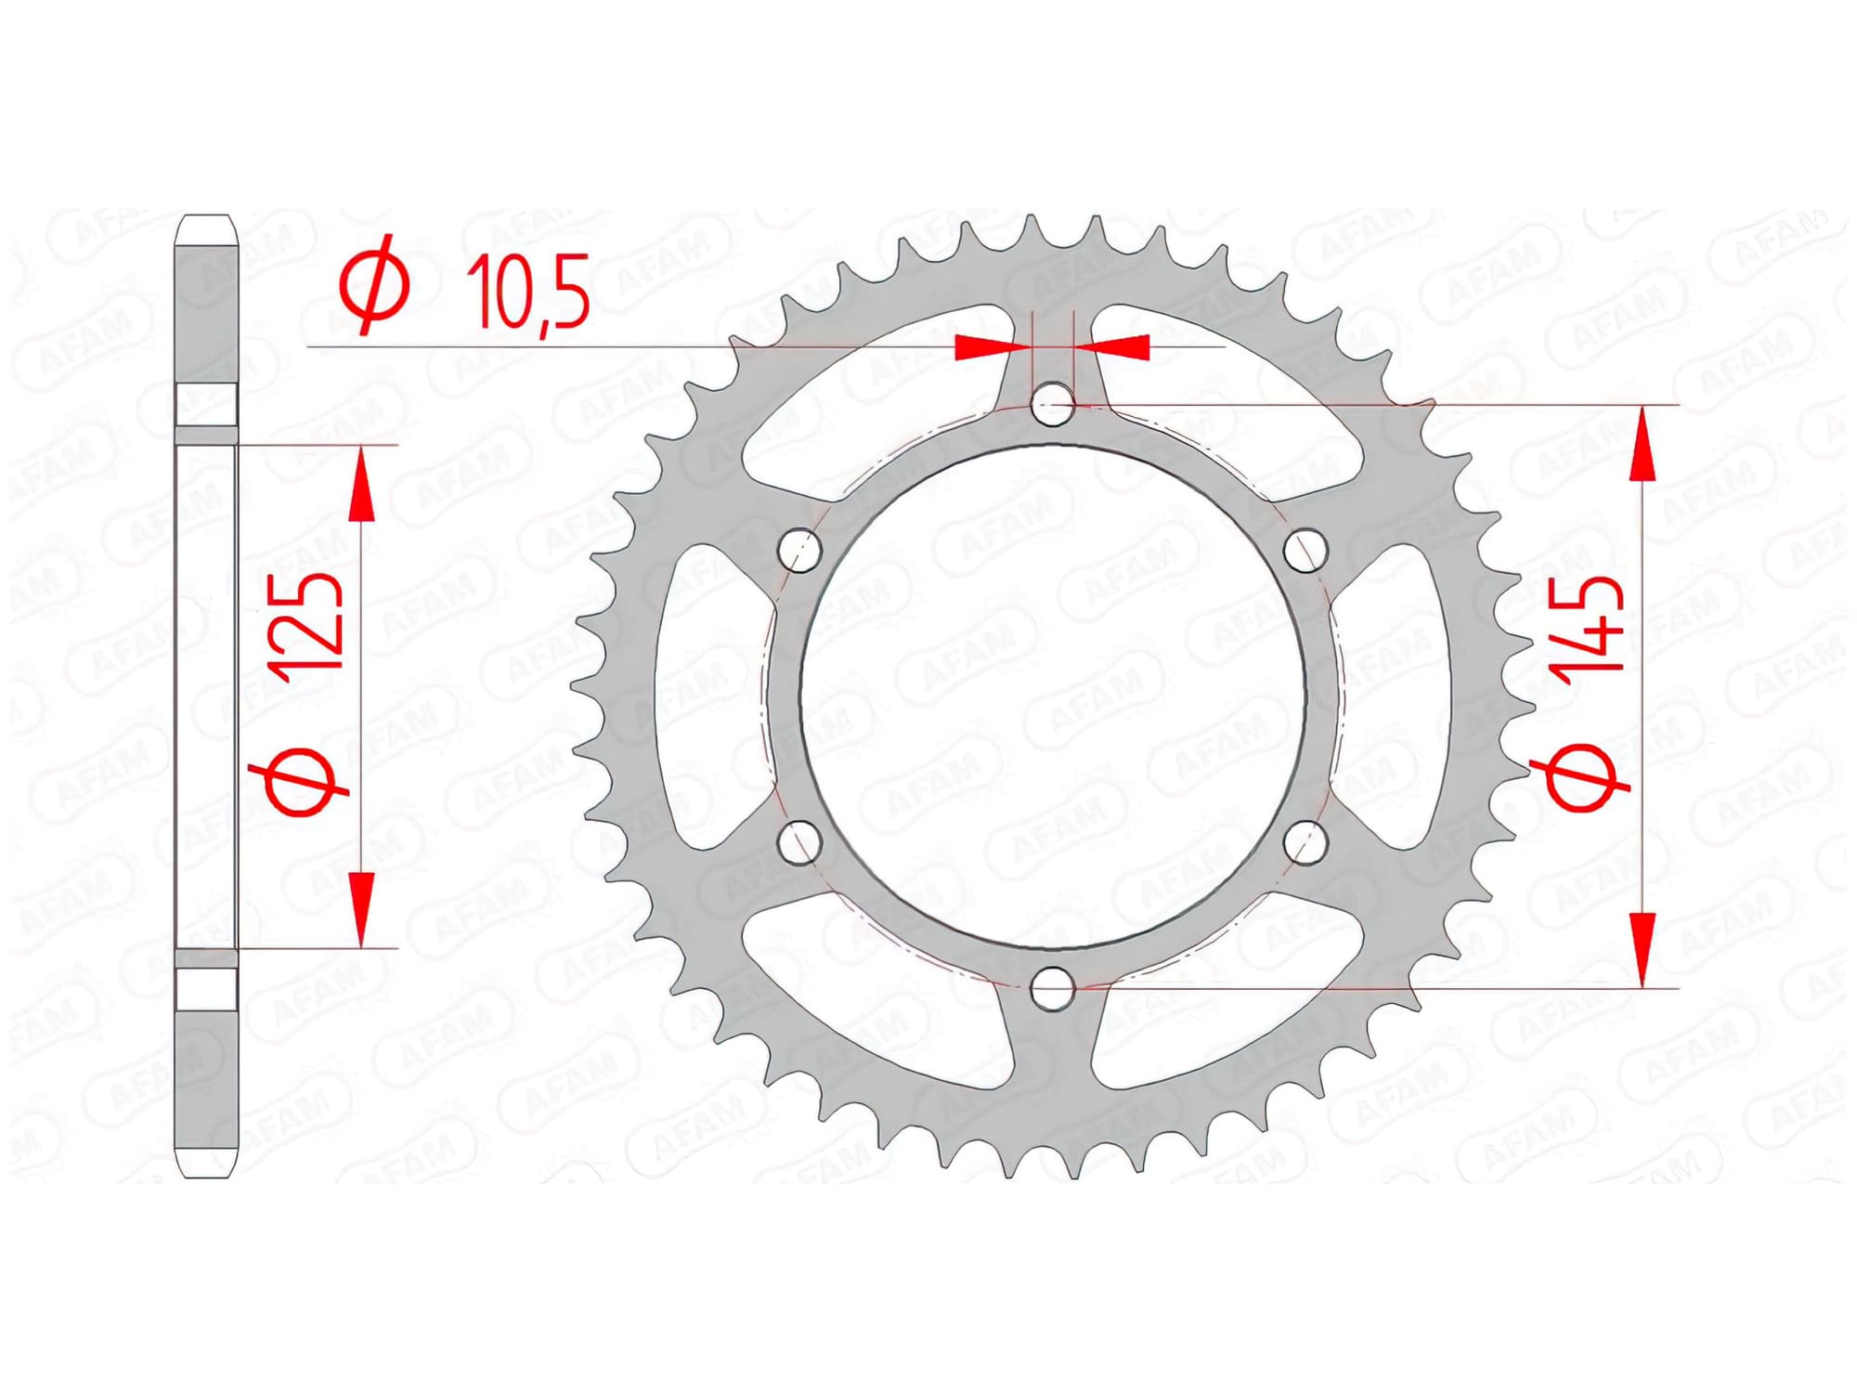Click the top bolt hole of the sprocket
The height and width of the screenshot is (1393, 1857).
click(1053, 405)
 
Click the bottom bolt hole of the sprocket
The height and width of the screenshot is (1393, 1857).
click(1052, 988)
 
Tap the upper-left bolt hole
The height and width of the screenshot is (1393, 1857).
click(799, 551)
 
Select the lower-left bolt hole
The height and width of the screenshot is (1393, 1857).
click(799, 841)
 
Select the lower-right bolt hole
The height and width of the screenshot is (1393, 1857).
click(1305, 841)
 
